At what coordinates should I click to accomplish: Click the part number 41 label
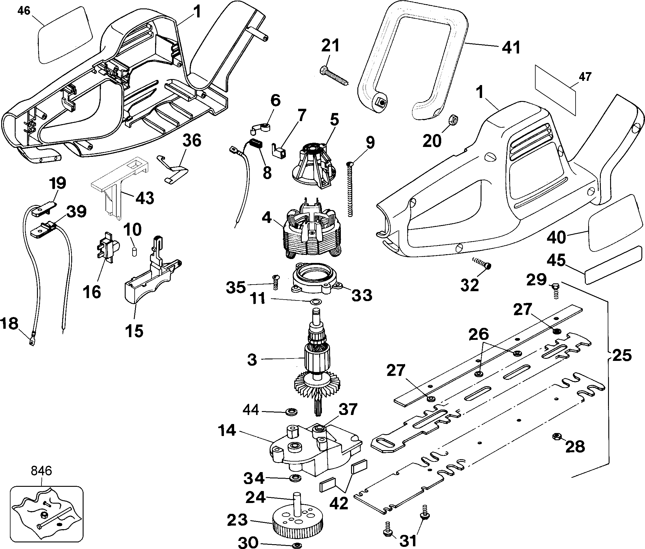[511, 48]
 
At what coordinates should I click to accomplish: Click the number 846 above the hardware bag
[41, 471]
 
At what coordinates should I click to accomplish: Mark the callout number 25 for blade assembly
[622, 355]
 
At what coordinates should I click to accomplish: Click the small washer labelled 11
[316, 302]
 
